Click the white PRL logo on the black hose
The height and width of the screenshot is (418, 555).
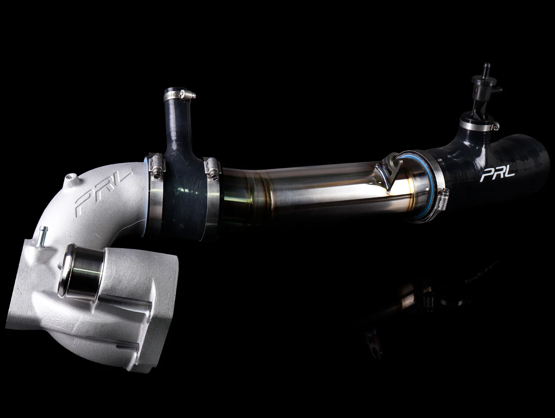point(494,174)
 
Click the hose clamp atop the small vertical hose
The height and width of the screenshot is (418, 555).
point(179,95)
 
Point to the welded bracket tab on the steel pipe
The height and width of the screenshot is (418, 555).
point(388,172)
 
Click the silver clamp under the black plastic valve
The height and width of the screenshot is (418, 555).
point(479,125)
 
